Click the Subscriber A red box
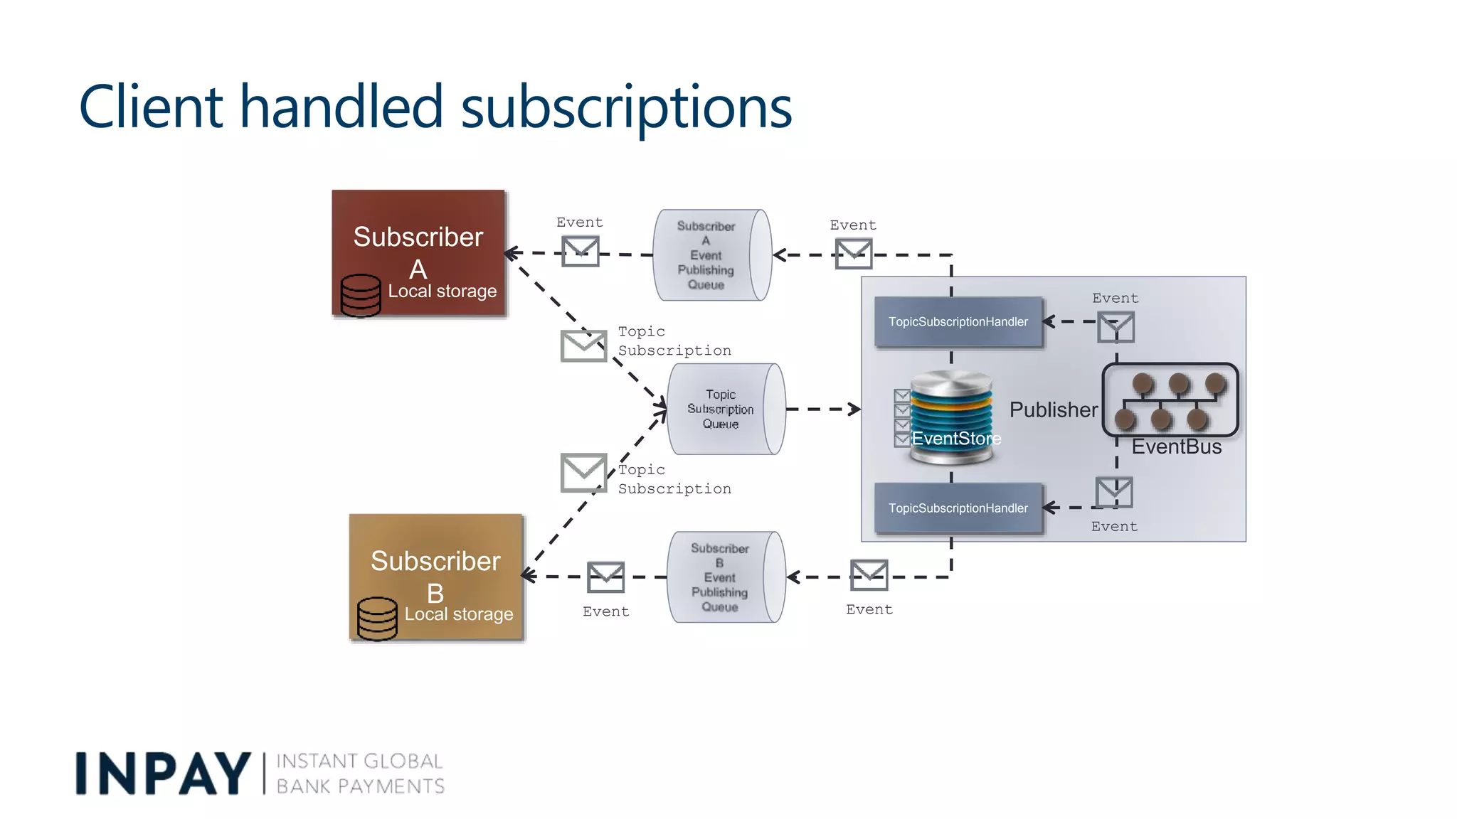(418, 235)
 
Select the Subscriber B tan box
(436, 562)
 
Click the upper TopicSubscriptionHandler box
(958, 322)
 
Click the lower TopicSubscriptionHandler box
(958, 508)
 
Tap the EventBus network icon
(1170, 400)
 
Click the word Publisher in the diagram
(1053, 410)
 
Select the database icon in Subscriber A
(361, 295)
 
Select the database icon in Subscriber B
(377, 618)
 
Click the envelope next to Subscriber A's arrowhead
(581, 251)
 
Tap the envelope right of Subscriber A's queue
(853, 254)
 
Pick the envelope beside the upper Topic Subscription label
(583, 346)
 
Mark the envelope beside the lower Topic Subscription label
(583, 473)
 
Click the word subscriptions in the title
(626, 108)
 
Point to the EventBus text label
(1176, 447)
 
